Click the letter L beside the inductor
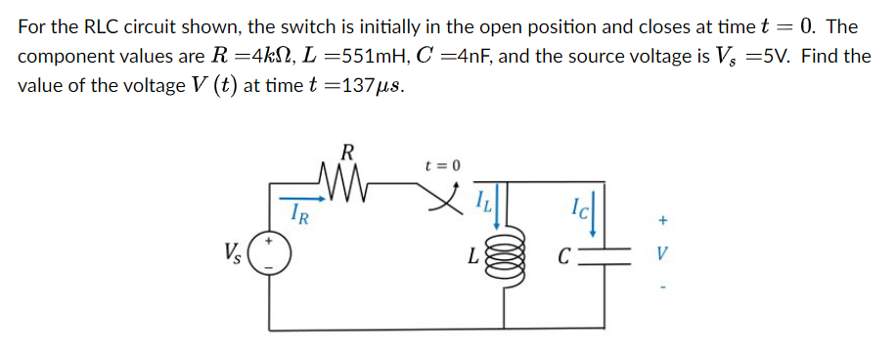(x=472, y=258)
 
